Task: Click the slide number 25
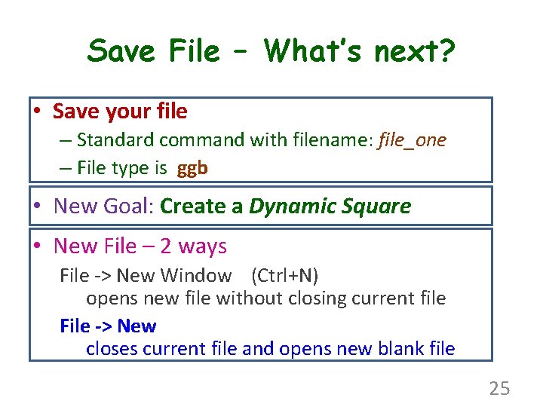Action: pyautogui.click(x=499, y=388)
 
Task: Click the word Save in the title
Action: pyautogui.click(x=121, y=51)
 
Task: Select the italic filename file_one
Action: pyautogui.click(x=413, y=140)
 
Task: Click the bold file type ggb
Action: pyautogui.click(x=192, y=168)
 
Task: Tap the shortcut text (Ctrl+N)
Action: pyautogui.click(x=284, y=276)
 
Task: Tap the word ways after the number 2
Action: pyautogui.click(x=202, y=246)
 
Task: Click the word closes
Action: pyautogui.click(x=111, y=349)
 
